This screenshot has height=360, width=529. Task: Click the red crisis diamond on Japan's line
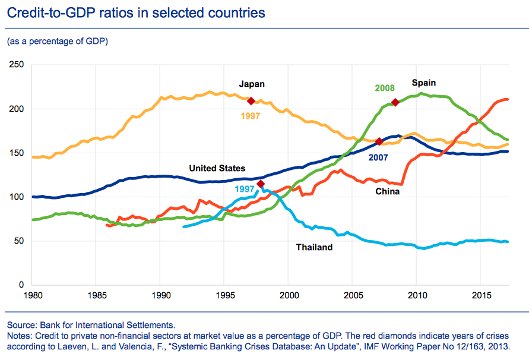tap(251, 101)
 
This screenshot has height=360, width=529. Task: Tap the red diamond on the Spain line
tap(395, 102)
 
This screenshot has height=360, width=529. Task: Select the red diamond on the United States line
tap(379, 141)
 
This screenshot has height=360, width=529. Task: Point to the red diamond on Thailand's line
tap(261, 184)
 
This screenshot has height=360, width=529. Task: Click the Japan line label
tap(252, 84)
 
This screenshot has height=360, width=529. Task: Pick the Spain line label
tap(424, 82)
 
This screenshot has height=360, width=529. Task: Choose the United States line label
tap(217, 168)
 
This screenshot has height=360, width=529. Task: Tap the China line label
tap(387, 191)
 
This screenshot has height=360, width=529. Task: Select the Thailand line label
tap(314, 247)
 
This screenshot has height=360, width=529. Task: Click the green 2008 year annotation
tap(385, 88)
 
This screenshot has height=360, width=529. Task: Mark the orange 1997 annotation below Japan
tap(250, 116)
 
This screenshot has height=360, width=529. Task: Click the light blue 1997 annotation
tap(245, 189)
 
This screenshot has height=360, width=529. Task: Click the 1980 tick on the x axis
tap(33, 295)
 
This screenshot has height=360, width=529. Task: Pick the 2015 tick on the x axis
tap(480, 295)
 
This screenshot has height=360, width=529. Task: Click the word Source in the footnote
tap(21, 324)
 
